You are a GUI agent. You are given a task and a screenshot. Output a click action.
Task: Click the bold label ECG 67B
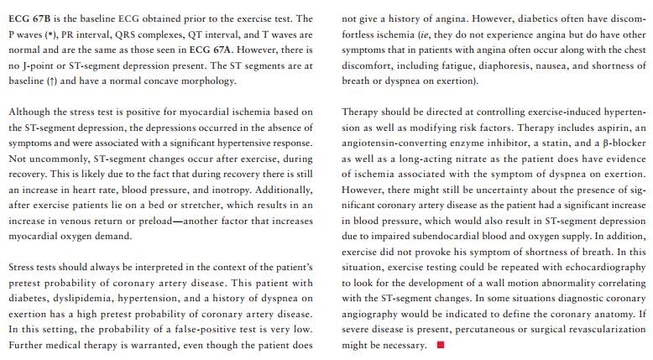[x=29, y=18]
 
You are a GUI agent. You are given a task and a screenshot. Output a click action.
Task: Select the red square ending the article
[x=441, y=346]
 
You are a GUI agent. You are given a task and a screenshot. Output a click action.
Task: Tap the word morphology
[x=206, y=81]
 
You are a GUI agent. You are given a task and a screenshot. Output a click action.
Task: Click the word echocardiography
[x=602, y=269]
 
